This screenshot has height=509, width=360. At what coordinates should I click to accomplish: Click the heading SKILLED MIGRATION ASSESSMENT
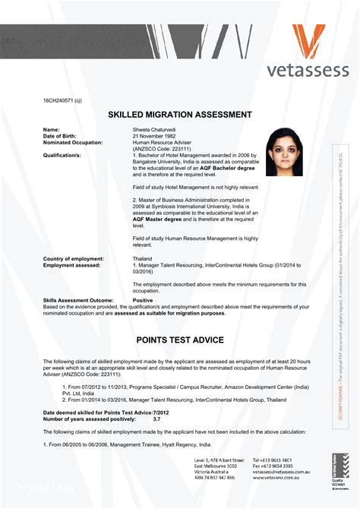click(180, 115)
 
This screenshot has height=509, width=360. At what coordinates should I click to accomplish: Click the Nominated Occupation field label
click(73, 142)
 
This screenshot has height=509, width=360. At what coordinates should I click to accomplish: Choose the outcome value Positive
click(143, 300)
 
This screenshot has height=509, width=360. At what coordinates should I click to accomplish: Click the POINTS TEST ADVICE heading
click(180, 339)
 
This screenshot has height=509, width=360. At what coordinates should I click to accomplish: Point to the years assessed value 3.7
click(156, 419)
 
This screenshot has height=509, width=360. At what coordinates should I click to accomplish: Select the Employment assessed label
click(71, 265)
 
